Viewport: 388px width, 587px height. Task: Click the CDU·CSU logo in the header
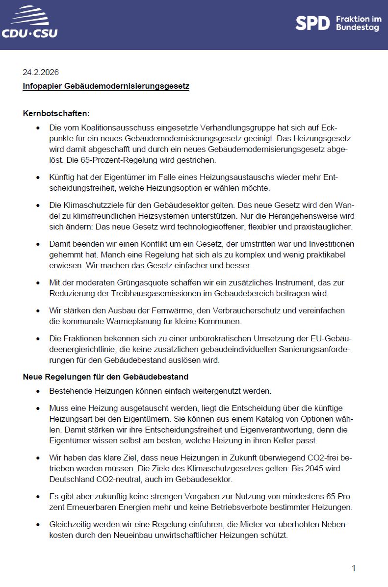29,23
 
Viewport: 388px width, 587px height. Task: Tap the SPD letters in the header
312,23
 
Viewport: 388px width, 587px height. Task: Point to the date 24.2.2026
41,72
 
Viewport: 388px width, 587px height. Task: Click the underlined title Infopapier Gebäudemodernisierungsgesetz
106,86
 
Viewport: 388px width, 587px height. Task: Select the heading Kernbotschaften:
56,113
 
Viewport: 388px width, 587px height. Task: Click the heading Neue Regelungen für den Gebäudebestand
105,377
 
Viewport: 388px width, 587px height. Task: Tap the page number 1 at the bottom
353,568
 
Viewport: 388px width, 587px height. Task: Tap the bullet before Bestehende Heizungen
38,391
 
